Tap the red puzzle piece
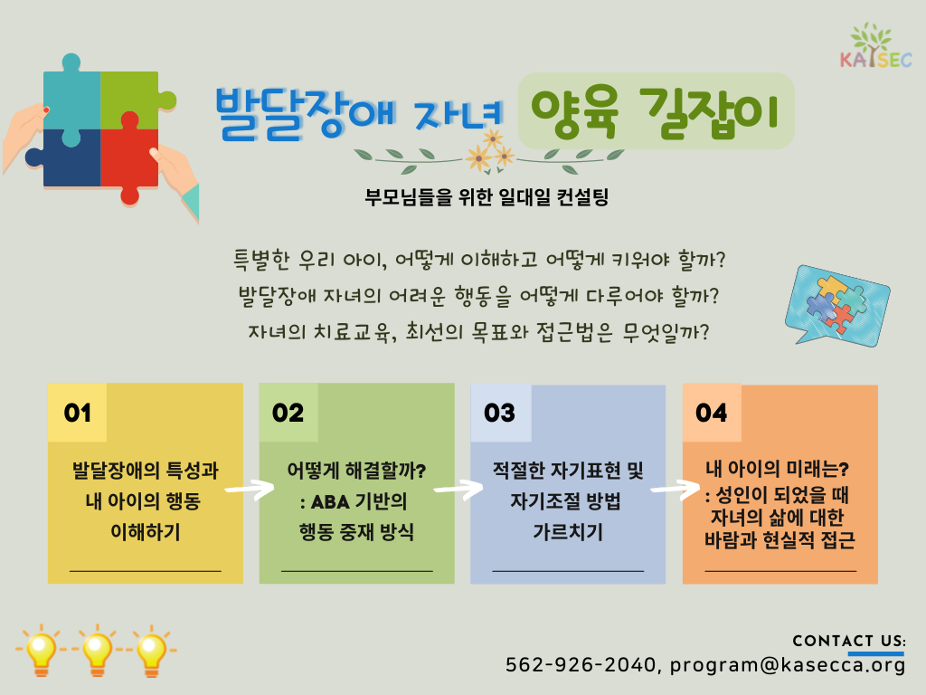pos(128,158)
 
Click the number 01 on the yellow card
pos(78,413)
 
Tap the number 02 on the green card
pos(288,413)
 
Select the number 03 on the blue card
pos(499,413)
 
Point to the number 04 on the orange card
pos(711,413)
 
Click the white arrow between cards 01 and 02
pos(250,490)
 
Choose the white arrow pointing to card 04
pos(675,490)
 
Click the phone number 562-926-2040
pos(580,665)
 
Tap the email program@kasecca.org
pos(788,665)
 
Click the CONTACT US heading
pos(848,642)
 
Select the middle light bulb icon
pos(98,651)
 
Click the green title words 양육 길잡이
pos(655,111)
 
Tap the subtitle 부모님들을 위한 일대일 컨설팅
pos(487,196)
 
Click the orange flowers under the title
pos(490,152)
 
